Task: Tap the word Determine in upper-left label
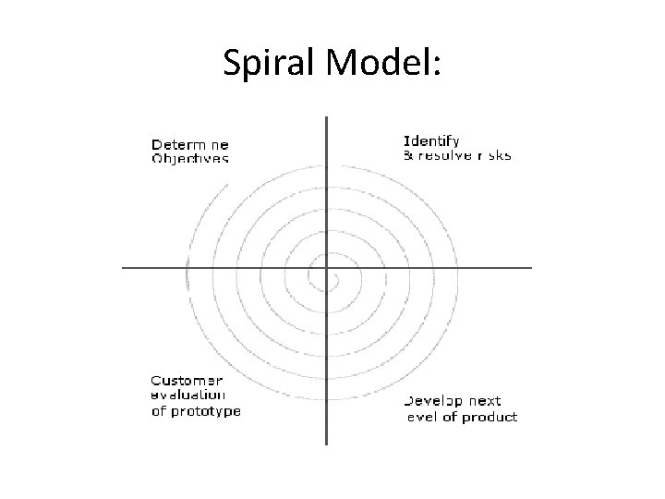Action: pyautogui.click(x=190, y=144)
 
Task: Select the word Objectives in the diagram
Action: pyautogui.click(x=190, y=158)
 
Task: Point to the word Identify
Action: pyautogui.click(x=431, y=141)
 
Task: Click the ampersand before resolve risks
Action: pyautogui.click(x=408, y=155)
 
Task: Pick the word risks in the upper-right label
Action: pyautogui.click(x=494, y=155)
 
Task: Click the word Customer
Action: pyautogui.click(x=187, y=380)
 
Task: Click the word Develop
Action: pyautogui.click(x=438, y=402)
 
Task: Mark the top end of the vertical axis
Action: pyautogui.click(x=326, y=117)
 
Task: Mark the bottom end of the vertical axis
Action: pyautogui.click(x=326, y=444)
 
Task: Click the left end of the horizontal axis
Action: pyautogui.click(x=124, y=268)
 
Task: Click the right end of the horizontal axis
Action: pyautogui.click(x=532, y=268)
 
